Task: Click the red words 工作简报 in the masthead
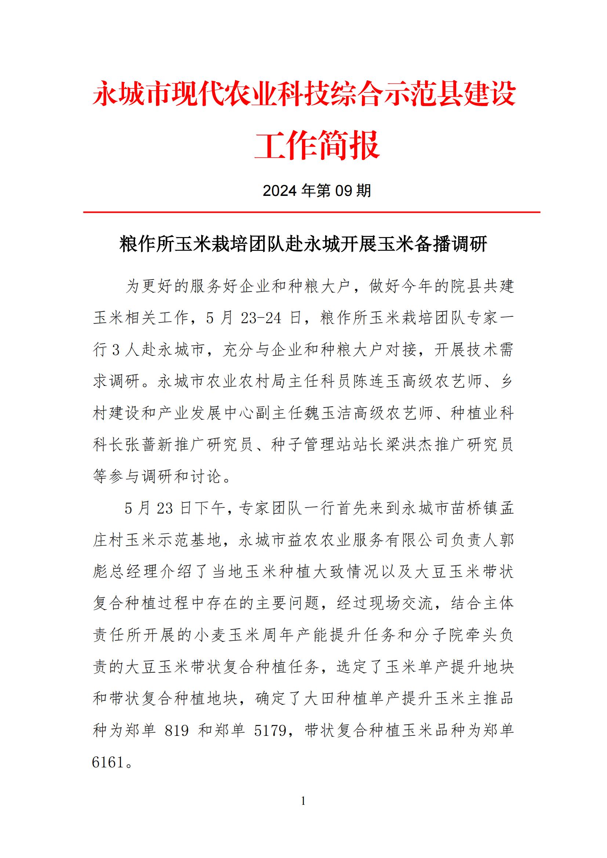tap(317, 145)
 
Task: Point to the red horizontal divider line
tap(311, 212)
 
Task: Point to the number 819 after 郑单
tap(177, 731)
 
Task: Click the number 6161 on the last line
tap(108, 762)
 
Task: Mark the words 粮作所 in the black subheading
tap(142, 244)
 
